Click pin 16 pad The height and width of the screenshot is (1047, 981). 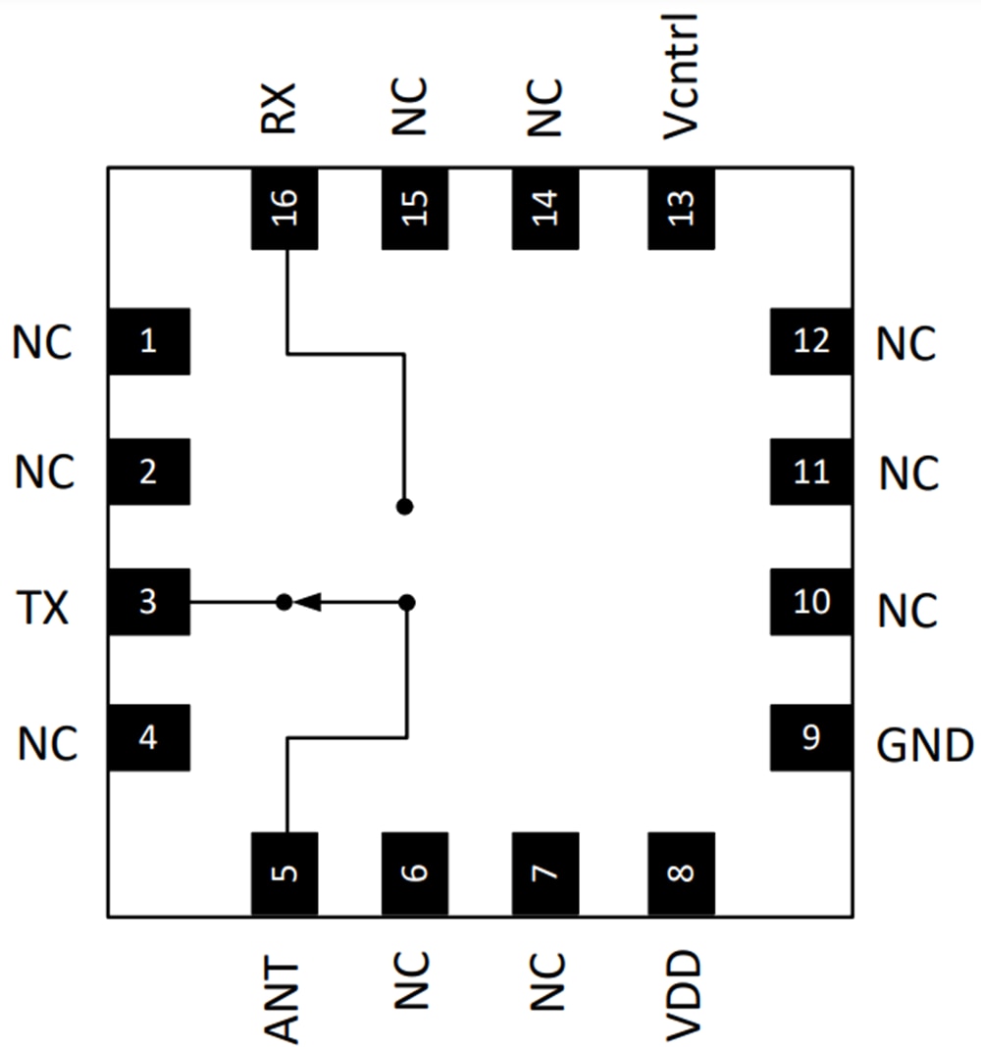tap(284, 208)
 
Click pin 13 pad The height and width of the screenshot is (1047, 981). tap(681, 208)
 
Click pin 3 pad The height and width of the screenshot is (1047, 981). tap(148, 601)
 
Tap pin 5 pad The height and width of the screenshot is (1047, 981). tap(284, 872)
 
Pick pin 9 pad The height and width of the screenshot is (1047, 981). tap(810, 737)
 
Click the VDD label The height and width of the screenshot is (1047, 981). tap(682, 996)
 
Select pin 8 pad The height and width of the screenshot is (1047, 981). tap(681, 872)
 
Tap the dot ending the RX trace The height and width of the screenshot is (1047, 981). tap(404, 507)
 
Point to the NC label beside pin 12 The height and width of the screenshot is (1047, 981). tap(906, 344)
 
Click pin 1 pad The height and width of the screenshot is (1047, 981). tap(148, 341)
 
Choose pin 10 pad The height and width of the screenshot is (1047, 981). tap(810, 601)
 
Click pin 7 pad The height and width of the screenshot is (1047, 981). tap(545, 872)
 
